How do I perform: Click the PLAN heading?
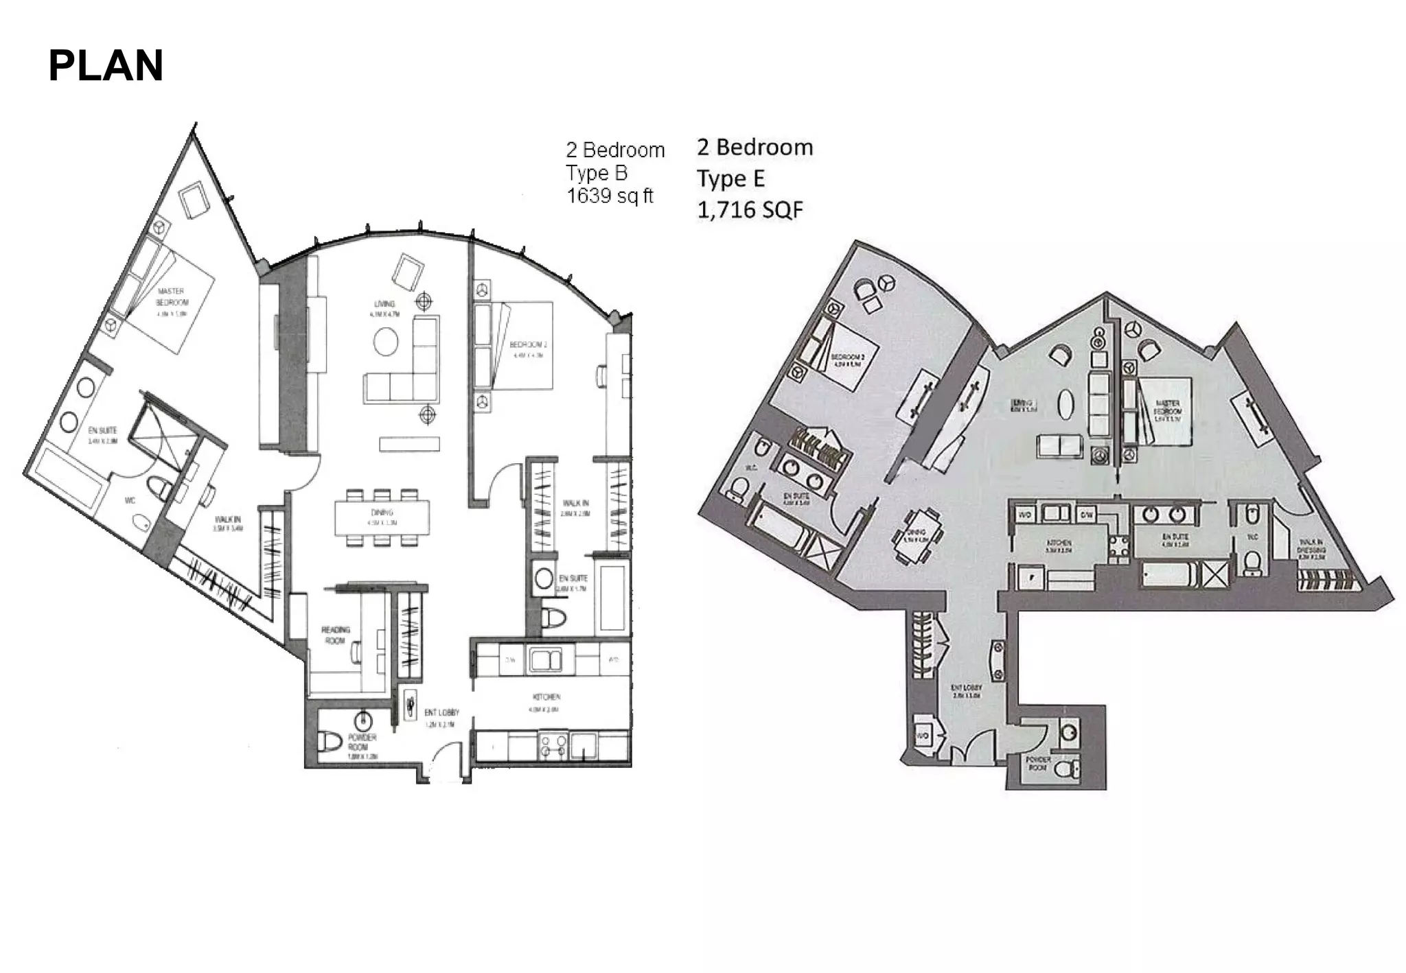pos(106,66)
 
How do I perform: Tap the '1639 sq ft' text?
pos(610,196)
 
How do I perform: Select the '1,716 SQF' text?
pos(750,209)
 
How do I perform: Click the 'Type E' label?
pos(730,178)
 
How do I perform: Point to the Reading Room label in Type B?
pos(335,635)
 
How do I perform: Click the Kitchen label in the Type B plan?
pos(546,697)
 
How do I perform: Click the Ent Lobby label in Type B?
pos(441,713)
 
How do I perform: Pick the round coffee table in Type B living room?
pos(386,341)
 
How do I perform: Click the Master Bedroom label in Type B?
pos(171,296)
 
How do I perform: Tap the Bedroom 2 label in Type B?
pos(528,345)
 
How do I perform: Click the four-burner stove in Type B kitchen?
pos(553,746)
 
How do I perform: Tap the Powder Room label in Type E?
pos(1037,763)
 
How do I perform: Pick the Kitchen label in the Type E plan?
pos(1058,543)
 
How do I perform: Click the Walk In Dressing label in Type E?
pos(1311,549)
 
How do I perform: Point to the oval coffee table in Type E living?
pos(1065,405)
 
